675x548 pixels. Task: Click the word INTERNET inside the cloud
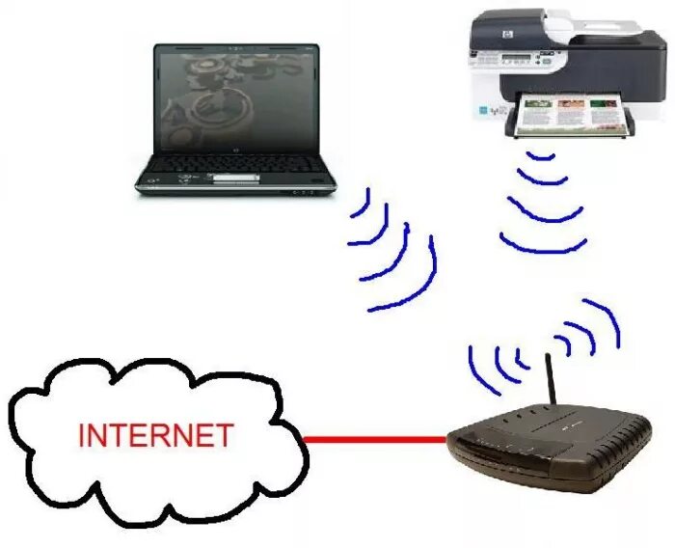pyautogui.click(x=155, y=435)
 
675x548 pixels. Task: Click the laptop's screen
pyautogui.click(x=235, y=101)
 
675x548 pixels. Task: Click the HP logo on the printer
pyautogui.click(x=480, y=35)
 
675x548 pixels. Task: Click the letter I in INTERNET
pyautogui.click(x=82, y=435)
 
